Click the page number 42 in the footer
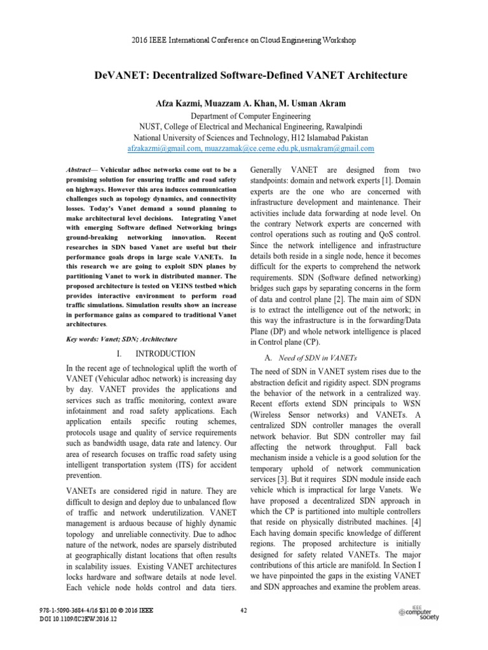tap(243, 610)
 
